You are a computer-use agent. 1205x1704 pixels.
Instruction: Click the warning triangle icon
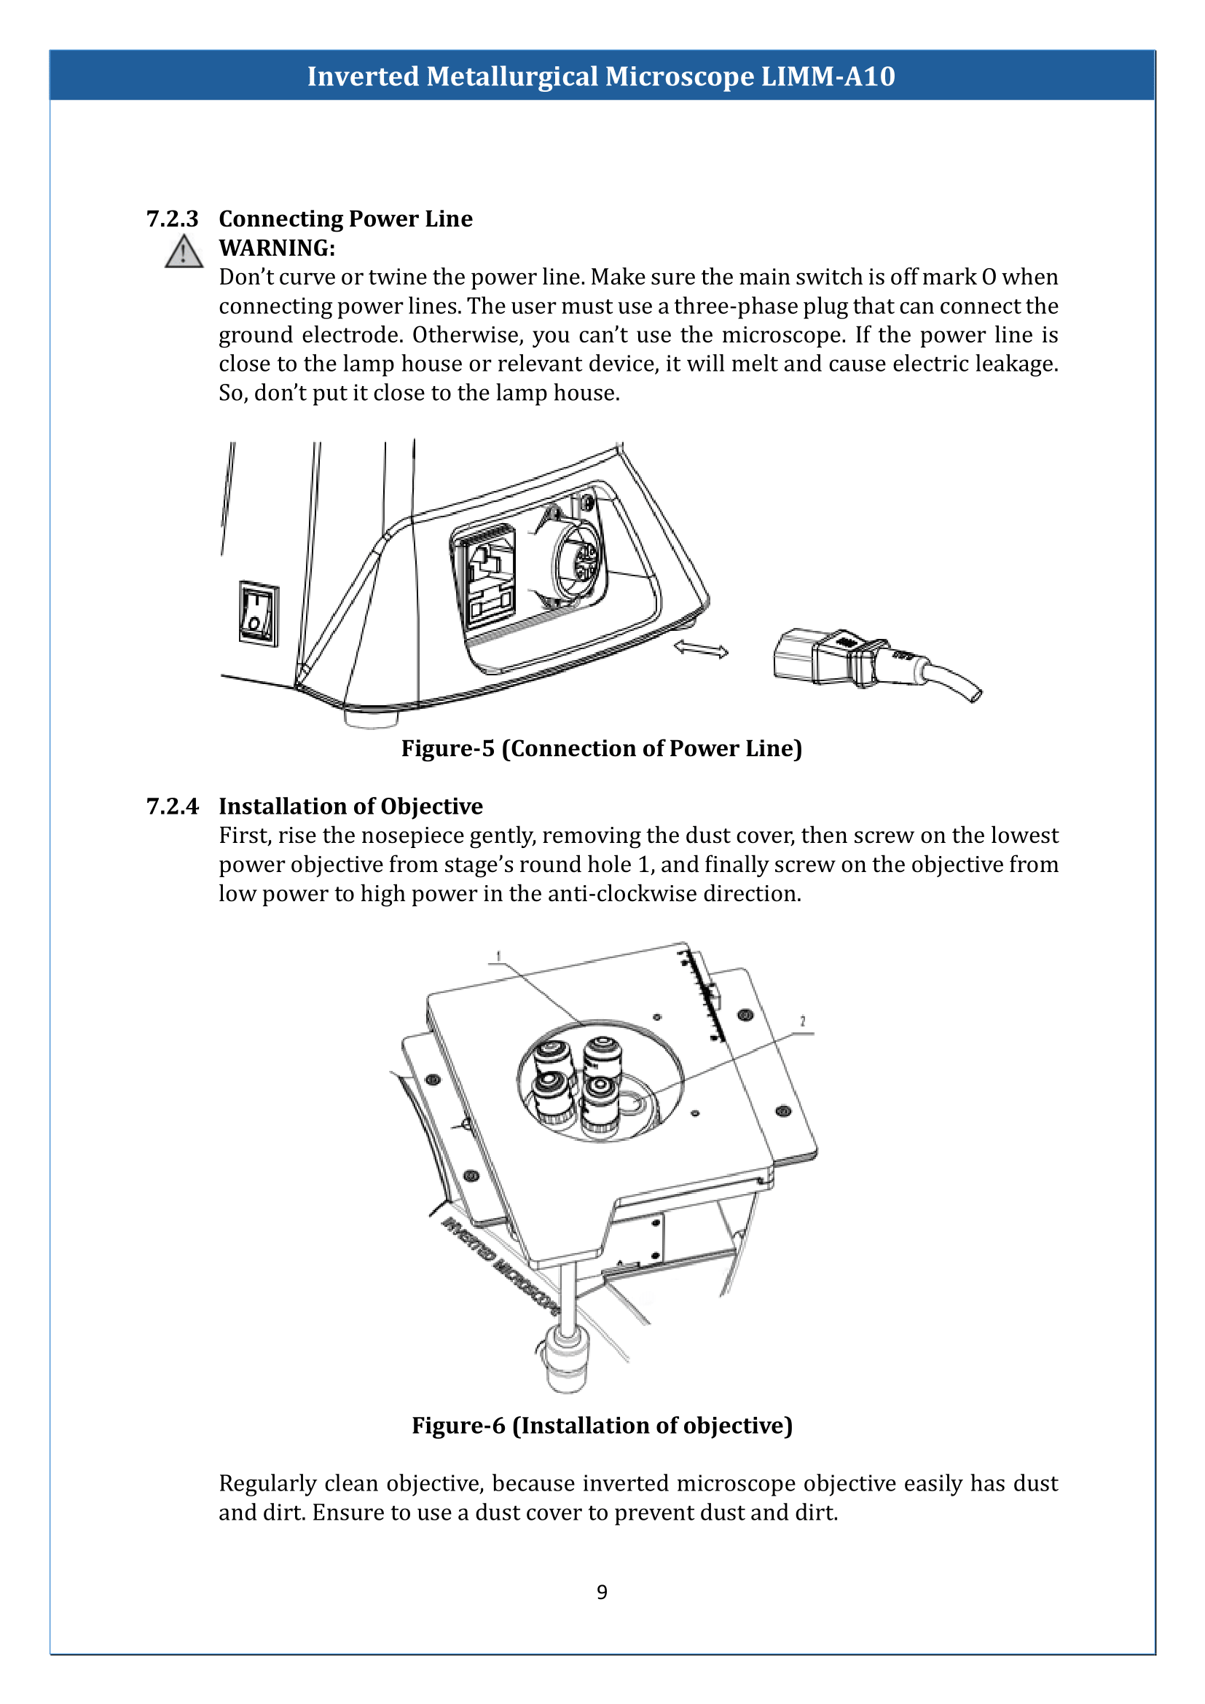(184, 251)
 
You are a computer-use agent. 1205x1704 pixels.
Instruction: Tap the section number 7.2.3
(172, 219)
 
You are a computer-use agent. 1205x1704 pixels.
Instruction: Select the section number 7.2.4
(172, 806)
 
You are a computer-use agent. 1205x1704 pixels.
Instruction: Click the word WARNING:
(277, 248)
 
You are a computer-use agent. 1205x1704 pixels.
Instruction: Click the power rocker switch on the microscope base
(258, 613)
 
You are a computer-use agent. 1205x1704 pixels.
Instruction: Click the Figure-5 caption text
(602, 748)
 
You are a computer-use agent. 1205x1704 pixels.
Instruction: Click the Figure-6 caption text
(602, 1426)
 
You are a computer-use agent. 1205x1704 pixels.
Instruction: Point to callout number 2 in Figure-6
(802, 1022)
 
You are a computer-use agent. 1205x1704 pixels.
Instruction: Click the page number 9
(602, 1592)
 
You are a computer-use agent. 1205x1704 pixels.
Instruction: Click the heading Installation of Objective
(350, 806)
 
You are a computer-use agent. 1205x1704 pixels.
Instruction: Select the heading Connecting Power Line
(345, 219)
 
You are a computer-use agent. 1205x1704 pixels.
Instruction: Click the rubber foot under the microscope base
(371, 718)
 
